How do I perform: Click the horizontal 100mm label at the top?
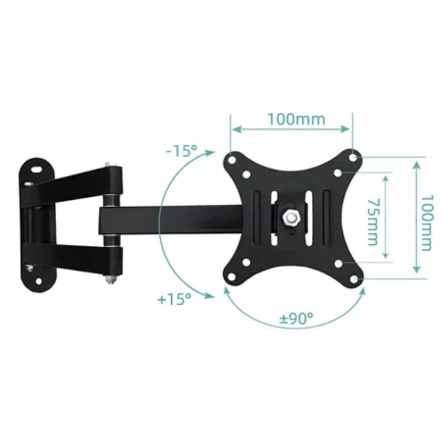(x=296, y=119)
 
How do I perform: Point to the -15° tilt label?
(x=181, y=151)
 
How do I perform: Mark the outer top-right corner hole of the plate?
(x=353, y=157)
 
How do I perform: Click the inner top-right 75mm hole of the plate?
(x=338, y=172)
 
